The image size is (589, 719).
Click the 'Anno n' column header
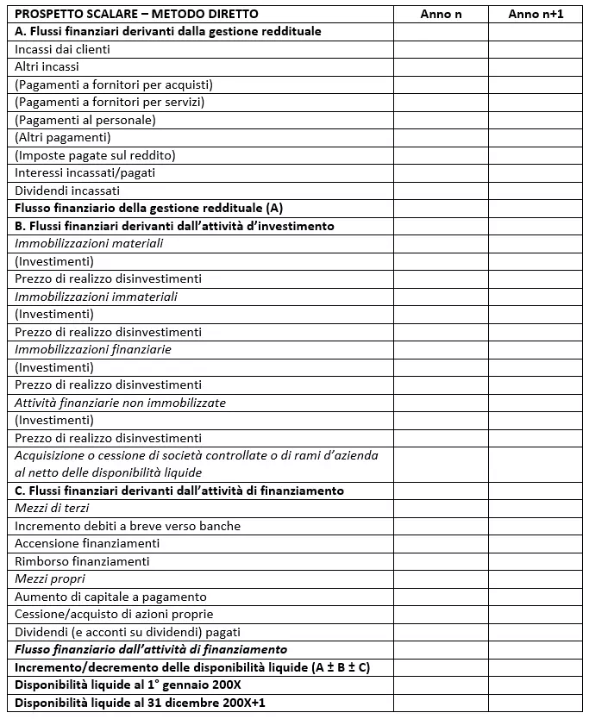pyautogui.click(x=441, y=14)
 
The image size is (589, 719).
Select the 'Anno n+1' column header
pyautogui.click(x=536, y=14)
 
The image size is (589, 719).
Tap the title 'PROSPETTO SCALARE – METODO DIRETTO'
pyautogui.click(x=136, y=14)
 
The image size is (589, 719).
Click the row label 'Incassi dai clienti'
pyautogui.click(x=62, y=49)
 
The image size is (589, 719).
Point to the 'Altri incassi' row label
pyautogui.click(x=47, y=66)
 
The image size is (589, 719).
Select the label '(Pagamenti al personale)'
pyautogui.click(x=85, y=120)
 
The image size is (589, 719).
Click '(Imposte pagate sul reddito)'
pyautogui.click(x=95, y=155)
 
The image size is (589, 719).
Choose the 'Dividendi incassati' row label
pyautogui.click(x=67, y=191)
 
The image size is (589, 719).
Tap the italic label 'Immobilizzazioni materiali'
pyautogui.click(x=89, y=243)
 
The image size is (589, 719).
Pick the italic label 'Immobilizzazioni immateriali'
pyautogui.click(x=96, y=297)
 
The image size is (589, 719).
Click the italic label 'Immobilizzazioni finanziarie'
pyautogui.click(x=93, y=349)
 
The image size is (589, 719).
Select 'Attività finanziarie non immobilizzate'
pyautogui.click(x=120, y=403)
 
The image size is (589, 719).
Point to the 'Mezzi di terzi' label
pyautogui.click(x=52, y=508)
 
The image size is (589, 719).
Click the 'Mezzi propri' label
pyautogui.click(x=49, y=578)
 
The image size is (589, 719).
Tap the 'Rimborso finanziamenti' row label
pyautogui.click(x=82, y=561)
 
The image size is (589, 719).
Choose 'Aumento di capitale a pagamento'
pyautogui.click(x=110, y=597)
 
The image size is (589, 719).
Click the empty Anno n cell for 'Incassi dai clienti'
pyautogui.click(x=441, y=49)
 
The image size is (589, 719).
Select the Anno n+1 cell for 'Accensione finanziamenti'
pyautogui.click(x=536, y=543)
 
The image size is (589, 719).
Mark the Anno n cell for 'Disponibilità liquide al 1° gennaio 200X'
pyautogui.click(x=441, y=685)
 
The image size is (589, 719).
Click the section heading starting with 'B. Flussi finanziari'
pyautogui.click(x=174, y=226)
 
